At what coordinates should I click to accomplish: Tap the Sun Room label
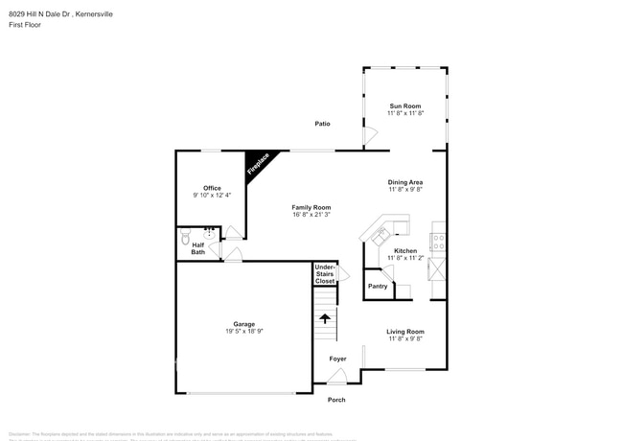405,105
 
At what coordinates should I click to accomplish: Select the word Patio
323,124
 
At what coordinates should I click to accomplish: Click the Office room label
212,188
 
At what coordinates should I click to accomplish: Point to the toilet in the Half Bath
186,233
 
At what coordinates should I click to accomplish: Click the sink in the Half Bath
209,233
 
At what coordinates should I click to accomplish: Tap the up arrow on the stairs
325,317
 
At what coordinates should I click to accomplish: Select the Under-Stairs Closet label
325,274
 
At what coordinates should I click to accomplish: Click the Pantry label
378,286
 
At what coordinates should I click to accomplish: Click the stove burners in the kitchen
438,241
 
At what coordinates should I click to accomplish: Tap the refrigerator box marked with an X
437,269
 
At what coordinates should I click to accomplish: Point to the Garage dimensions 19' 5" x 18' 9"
243,331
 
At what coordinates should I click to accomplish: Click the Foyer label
338,359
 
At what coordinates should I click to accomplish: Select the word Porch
336,400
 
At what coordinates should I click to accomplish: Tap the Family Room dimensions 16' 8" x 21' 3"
311,215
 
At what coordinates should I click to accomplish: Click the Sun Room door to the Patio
368,138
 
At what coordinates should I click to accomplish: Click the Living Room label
404,332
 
